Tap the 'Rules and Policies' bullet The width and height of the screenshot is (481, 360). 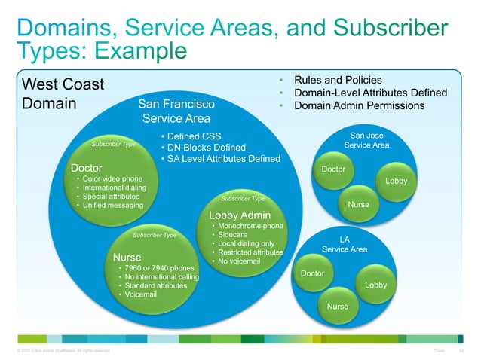coord(337,80)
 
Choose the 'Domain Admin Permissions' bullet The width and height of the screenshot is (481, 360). coord(359,105)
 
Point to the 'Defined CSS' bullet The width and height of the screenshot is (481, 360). coord(195,136)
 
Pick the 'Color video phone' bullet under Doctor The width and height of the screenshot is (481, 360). coord(112,178)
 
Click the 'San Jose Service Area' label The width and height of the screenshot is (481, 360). coord(366,140)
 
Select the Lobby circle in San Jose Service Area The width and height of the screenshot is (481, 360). coord(396,182)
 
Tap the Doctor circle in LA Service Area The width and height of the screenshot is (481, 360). coord(312,273)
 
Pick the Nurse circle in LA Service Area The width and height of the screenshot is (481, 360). coord(337,306)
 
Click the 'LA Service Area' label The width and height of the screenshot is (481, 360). coord(345,244)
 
